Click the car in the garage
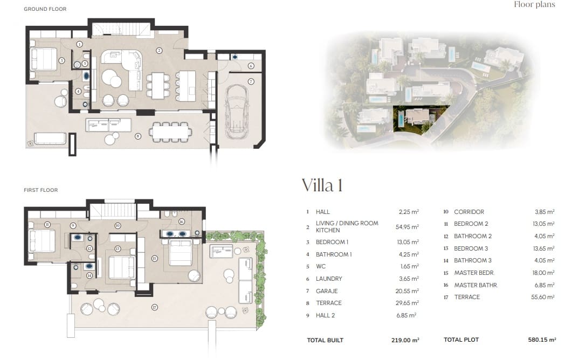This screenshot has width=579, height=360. (236, 115)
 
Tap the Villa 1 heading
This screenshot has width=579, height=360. (321, 185)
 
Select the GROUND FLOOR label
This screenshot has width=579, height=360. (45, 9)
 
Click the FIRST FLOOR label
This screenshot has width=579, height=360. (40, 190)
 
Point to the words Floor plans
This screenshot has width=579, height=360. (534, 5)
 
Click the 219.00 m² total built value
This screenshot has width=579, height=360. (405, 340)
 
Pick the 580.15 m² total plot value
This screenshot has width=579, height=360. (542, 340)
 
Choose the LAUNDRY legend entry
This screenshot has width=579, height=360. (329, 279)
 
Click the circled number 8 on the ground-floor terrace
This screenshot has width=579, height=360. (138, 136)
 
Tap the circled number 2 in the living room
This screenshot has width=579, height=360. (159, 51)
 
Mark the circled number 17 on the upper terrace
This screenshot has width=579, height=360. (155, 308)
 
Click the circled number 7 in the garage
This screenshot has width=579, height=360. (251, 81)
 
